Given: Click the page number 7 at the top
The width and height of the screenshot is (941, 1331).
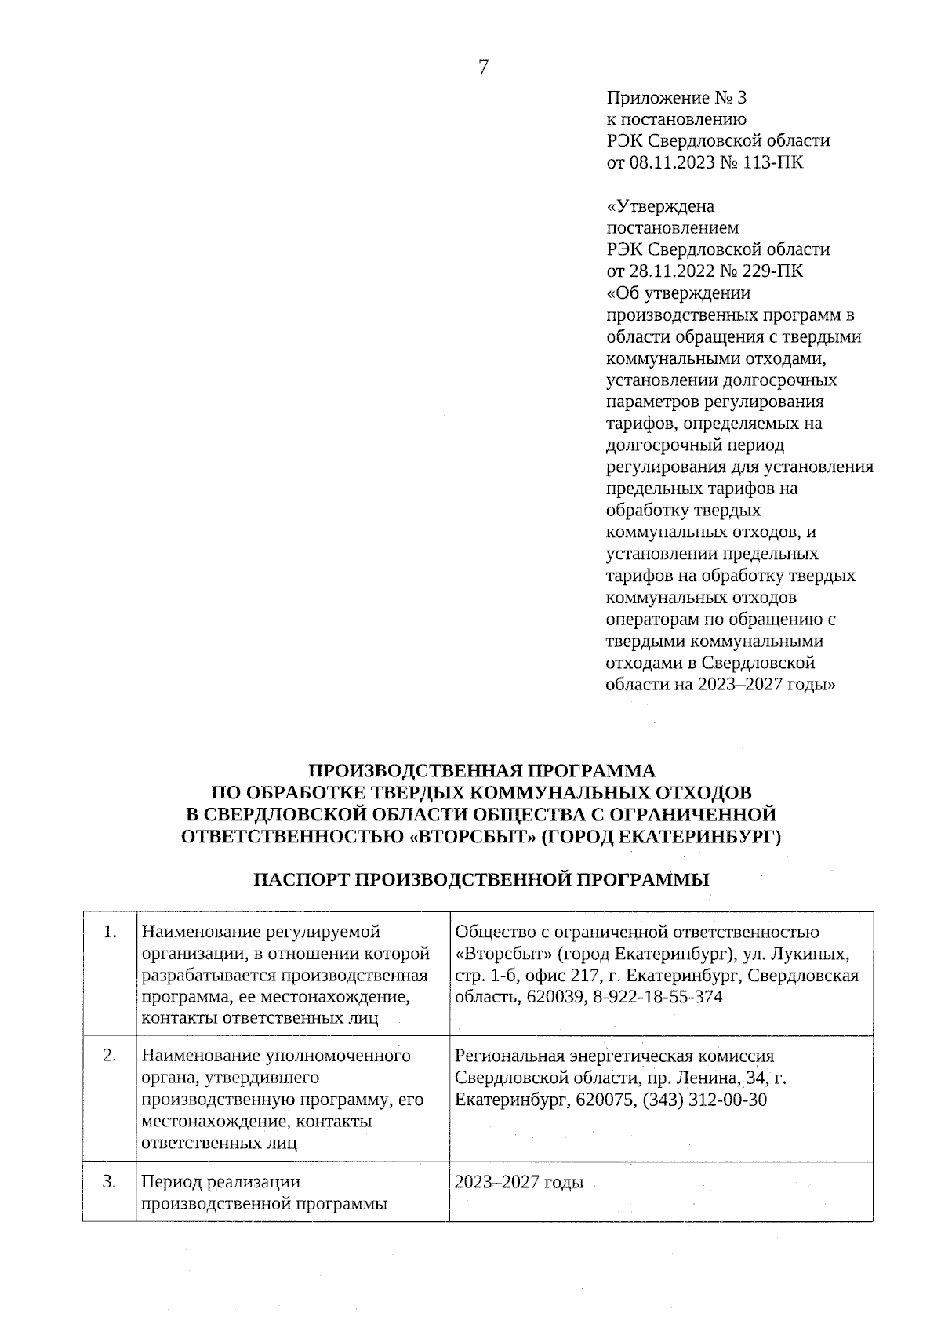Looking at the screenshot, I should [x=482, y=68].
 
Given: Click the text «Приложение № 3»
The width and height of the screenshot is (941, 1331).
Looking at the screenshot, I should [x=678, y=98].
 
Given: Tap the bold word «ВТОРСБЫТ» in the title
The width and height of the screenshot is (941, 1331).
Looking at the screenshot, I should [x=473, y=836].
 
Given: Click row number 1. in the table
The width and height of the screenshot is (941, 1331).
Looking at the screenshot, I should [x=110, y=932].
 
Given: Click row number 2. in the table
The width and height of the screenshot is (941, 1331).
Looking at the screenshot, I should [x=110, y=1056].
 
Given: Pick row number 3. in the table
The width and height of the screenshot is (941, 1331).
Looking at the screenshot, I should [x=110, y=1181].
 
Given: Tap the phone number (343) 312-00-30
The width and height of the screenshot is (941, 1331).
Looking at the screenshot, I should [x=704, y=1100].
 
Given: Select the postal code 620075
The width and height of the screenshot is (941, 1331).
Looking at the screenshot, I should [x=606, y=1100].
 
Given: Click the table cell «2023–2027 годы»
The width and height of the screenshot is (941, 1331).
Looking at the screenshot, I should [x=519, y=1182].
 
